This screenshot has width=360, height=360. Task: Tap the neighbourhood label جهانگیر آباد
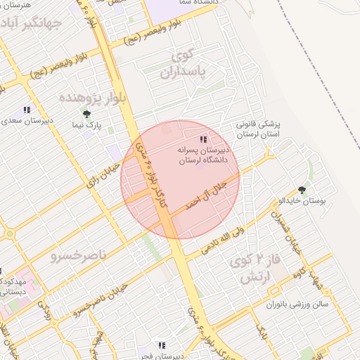click(x=33, y=26)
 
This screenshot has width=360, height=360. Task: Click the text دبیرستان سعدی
click(x=27, y=121)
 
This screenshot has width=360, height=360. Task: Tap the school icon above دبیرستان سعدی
click(x=27, y=110)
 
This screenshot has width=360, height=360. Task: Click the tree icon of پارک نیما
click(x=86, y=114)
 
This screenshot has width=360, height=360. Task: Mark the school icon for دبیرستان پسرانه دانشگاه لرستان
click(x=204, y=139)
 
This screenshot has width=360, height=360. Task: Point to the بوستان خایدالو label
click(x=304, y=200)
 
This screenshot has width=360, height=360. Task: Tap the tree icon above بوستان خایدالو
click(x=302, y=188)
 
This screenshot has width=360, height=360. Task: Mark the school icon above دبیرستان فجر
click(x=162, y=345)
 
